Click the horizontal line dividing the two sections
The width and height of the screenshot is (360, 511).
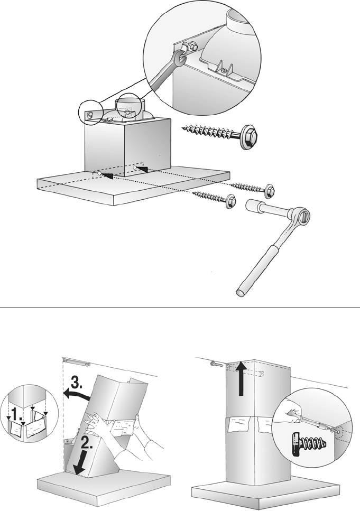(180, 306)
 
